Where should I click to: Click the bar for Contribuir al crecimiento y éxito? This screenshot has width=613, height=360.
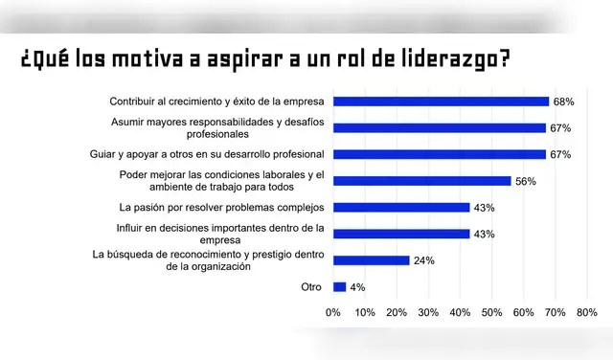[x=441, y=101]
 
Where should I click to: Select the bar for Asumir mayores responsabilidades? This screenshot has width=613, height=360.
[x=439, y=127]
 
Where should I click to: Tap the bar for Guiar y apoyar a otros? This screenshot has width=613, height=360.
[x=439, y=154]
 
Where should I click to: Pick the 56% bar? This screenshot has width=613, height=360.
[x=421, y=181]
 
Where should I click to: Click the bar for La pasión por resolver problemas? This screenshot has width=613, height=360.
[x=401, y=207]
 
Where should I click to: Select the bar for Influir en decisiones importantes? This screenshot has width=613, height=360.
[x=401, y=234]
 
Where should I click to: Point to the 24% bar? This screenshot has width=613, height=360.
[x=371, y=260]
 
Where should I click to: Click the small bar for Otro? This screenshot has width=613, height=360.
[x=339, y=286]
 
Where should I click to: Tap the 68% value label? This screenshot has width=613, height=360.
[x=562, y=101]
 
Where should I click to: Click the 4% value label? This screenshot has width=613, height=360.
[x=356, y=286]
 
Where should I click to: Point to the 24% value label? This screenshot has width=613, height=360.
[x=423, y=260]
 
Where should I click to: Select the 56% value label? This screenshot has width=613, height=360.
[x=525, y=181]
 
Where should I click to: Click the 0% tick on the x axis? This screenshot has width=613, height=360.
[x=333, y=312]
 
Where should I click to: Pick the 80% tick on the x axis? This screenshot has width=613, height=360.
[x=586, y=312]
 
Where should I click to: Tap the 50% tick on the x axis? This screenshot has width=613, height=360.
[x=491, y=312]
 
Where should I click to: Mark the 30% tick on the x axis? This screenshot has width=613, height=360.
[x=428, y=312]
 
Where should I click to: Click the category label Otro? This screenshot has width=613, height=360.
[x=310, y=286]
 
